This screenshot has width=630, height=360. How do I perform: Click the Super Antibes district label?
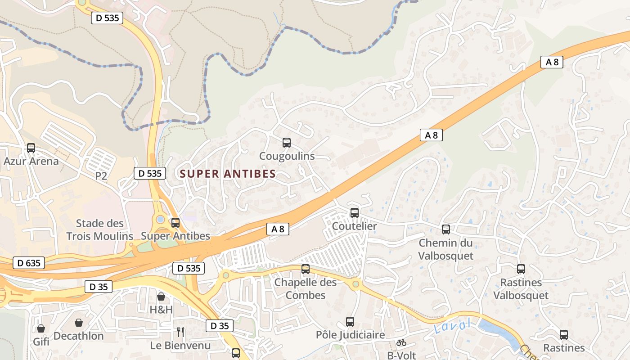(x=228, y=174)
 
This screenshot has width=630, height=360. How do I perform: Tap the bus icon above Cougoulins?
(x=287, y=143)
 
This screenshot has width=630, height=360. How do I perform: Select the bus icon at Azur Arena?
(x=31, y=148)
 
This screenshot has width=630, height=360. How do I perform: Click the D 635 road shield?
(x=29, y=263)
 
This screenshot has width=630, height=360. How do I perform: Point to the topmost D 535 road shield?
(x=107, y=18)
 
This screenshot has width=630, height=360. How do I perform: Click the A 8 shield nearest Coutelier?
(x=278, y=229)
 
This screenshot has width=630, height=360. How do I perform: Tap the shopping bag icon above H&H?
(x=161, y=297)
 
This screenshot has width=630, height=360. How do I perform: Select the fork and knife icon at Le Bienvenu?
(x=180, y=332)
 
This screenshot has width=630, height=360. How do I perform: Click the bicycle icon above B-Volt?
(x=401, y=342)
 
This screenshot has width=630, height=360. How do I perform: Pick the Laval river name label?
(x=453, y=326)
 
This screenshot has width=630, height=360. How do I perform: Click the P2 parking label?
(x=101, y=176)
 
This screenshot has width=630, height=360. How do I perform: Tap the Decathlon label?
(x=79, y=336)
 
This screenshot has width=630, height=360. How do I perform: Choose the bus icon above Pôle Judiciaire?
(x=350, y=321)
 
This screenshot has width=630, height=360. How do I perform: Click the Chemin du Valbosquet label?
(x=446, y=249)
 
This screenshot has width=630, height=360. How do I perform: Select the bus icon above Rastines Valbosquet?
(x=521, y=269)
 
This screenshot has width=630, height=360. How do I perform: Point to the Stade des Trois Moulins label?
(x=100, y=229)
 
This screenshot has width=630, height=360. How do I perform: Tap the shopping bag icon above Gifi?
(x=41, y=328)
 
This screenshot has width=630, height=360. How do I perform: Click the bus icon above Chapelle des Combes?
(x=306, y=269)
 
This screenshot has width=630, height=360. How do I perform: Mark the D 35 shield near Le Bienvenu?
(x=220, y=326)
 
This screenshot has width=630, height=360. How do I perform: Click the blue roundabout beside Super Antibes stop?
(x=161, y=220)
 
